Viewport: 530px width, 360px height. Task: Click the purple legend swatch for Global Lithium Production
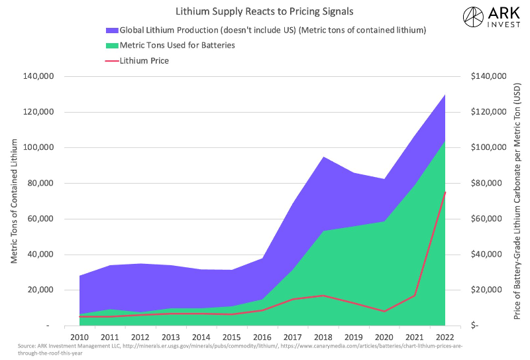click(x=111, y=30)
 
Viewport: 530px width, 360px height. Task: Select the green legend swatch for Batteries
click(x=111, y=45)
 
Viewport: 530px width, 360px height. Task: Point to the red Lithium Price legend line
click(x=111, y=61)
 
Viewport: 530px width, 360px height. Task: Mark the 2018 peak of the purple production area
click(x=323, y=157)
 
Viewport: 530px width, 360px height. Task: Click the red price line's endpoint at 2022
click(x=445, y=192)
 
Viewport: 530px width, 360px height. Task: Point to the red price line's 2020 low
click(x=384, y=311)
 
